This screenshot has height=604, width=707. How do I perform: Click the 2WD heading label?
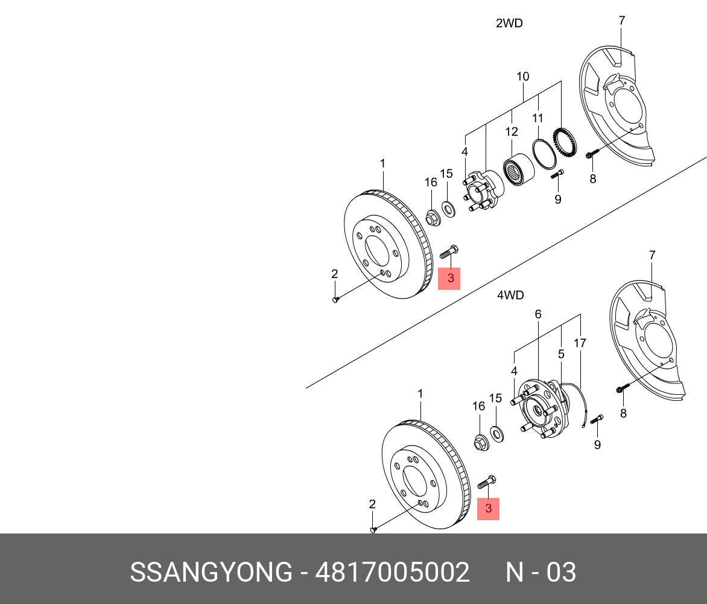point(509,24)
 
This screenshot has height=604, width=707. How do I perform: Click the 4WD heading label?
point(510,295)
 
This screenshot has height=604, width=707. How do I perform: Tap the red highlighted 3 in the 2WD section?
point(449,278)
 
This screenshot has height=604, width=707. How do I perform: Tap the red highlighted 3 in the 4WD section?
point(489,509)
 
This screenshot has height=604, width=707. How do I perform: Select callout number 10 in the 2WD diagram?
point(522,77)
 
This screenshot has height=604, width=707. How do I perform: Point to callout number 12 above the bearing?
point(512,131)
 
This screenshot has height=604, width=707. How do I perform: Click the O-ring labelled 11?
point(544,153)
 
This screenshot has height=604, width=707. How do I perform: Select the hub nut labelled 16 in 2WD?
point(432,217)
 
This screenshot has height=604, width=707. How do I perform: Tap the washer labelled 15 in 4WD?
point(496,432)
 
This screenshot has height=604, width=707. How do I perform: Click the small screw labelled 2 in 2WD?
point(336,300)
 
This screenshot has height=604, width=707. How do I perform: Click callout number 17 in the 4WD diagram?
point(580,344)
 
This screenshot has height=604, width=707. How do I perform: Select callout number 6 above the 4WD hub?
point(537,314)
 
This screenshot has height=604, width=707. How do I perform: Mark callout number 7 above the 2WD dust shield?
point(622,20)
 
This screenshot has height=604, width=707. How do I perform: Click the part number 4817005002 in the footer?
point(392,572)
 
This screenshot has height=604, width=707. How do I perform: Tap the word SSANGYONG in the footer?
point(211,572)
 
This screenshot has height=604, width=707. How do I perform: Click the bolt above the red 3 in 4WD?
point(486,482)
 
